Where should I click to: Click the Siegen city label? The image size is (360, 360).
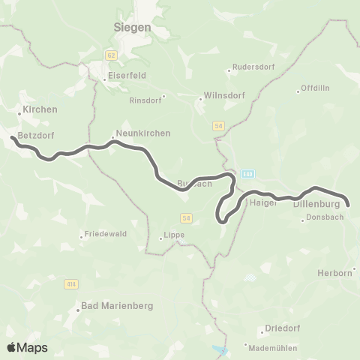pyautogui.click(x=132, y=26)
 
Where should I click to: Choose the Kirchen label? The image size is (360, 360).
pyautogui.click(x=40, y=109)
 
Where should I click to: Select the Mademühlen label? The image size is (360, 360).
pyautogui.click(x=274, y=347)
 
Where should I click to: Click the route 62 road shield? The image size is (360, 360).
pyautogui.click(x=112, y=55)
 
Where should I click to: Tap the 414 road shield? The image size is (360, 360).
pyautogui.click(x=71, y=284)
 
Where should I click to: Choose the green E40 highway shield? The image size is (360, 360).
pyautogui.click(x=248, y=174)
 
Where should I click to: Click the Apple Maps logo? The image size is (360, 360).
pyautogui.click(x=26, y=347)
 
